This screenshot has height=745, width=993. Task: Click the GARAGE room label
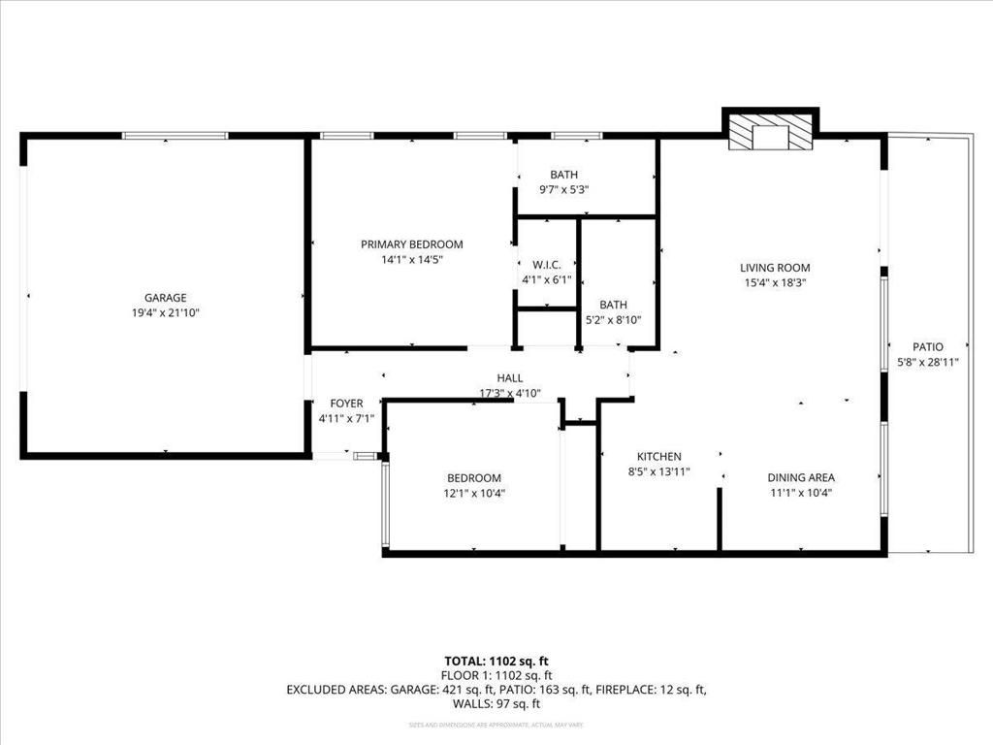(165, 298)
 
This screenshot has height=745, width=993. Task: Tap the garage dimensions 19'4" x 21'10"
(165, 312)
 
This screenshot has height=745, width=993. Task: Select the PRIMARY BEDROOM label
(411, 244)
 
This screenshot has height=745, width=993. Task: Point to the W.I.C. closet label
(547, 265)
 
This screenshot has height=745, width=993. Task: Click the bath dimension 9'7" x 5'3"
(563, 189)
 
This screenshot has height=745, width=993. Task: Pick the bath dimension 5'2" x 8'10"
(613, 319)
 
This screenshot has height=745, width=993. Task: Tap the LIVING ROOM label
(775, 268)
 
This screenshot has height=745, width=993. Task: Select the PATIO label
(927, 346)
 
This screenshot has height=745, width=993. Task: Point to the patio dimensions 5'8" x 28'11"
(927, 362)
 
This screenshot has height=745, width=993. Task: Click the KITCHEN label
(658, 457)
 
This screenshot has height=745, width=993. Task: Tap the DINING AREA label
(801, 477)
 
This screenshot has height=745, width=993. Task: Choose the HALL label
(510, 378)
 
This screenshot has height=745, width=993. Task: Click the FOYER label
(346, 404)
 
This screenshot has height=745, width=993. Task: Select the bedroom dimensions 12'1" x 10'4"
(474, 493)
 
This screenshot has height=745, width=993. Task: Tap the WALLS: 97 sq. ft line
(496, 704)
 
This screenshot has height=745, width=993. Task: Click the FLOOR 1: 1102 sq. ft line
(496, 675)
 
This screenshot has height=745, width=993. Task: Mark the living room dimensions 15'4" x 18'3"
(775, 283)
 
